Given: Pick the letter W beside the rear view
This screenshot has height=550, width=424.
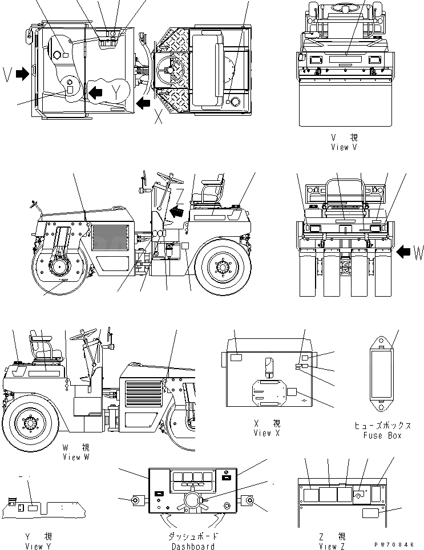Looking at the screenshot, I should (x=418, y=252).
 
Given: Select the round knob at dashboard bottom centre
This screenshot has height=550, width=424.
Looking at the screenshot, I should (x=192, y=502).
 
